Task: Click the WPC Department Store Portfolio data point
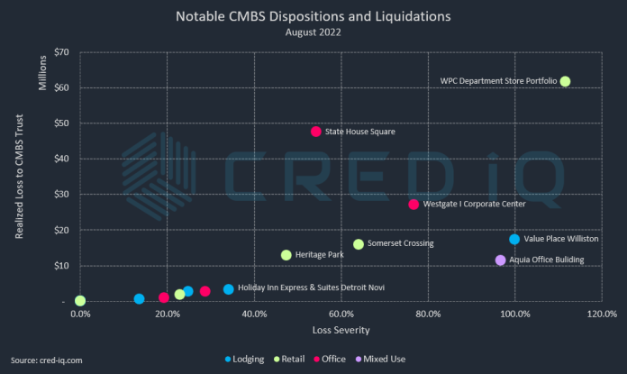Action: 565,81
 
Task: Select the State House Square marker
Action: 316,132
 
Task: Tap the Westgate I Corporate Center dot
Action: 413,205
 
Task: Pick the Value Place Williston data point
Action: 514,240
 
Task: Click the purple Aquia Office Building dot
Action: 501,260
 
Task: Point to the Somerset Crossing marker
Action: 359,244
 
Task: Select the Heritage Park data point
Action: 286,255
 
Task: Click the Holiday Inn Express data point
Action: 229,289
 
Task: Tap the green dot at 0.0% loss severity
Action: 80,301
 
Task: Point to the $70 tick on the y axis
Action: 60,52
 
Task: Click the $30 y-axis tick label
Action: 60,195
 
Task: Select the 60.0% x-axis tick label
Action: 340,314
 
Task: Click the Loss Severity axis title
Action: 340,330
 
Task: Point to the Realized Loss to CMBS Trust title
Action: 19,177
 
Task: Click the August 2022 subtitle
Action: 313,32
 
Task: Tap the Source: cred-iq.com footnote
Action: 47,360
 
